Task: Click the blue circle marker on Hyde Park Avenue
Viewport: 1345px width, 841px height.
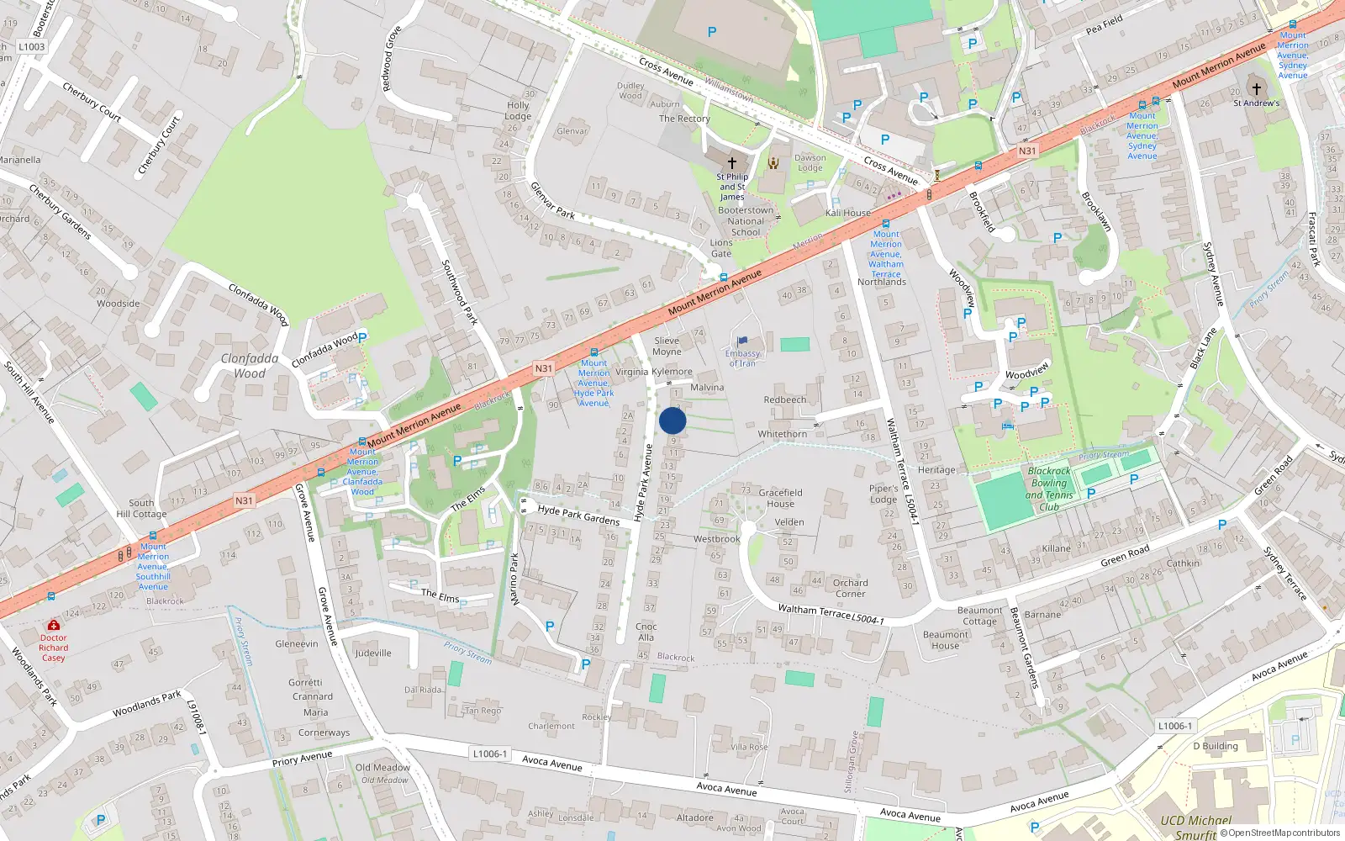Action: (672, 420)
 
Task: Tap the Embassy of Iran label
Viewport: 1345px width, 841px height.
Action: (742, 358)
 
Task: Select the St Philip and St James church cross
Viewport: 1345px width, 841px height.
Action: (731, 162)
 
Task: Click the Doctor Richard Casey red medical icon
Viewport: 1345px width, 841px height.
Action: (54, 625)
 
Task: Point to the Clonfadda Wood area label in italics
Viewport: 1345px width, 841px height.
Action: (250, 366)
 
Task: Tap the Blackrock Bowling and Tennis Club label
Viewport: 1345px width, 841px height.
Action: (1049, 489)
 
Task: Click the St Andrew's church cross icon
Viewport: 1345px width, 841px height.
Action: (1257, 88)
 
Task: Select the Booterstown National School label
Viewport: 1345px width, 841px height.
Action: (746, 221)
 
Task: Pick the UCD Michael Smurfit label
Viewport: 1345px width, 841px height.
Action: (1195, 827)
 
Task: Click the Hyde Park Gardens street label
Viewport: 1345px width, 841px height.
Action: (578, 515)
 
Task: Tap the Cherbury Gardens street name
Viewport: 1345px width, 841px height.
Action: (60, 211)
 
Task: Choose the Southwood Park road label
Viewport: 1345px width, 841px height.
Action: (460, 292)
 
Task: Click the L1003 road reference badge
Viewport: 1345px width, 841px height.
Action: (31, 47)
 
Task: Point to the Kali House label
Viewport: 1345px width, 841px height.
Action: (847, 213)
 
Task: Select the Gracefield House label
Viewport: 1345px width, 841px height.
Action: (780, 498)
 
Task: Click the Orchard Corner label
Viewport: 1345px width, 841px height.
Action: (850, 588)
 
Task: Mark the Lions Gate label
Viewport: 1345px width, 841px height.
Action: (721, 248)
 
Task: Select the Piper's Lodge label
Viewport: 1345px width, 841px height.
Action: (883, 494)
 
